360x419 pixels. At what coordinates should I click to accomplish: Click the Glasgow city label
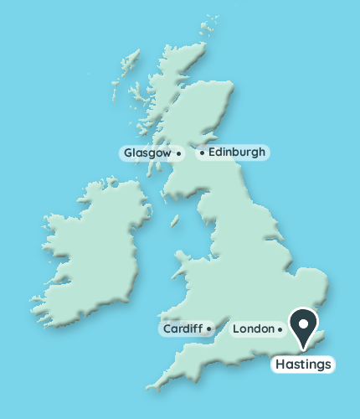[x=147, y=153]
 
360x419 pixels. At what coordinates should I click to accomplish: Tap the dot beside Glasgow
[x=179, y=154]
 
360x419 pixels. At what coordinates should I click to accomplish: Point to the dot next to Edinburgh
[x=202, y=153]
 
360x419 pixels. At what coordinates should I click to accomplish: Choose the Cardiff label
[x=181, y=328]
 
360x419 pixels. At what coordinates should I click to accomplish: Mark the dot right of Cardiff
[x=208, y=329]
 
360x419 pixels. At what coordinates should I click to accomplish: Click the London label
[x=252, y=328]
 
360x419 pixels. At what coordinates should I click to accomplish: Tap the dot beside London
[x=280, y=329]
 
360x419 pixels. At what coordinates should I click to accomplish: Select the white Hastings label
[x=303, y=365]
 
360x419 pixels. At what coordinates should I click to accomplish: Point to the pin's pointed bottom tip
[x=303, y=348]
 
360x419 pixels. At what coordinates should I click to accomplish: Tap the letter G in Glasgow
[x=128, y=153]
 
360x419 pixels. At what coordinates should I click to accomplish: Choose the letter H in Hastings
[x=280, y=365]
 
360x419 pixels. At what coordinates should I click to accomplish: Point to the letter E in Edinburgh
[x=211, y=153]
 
